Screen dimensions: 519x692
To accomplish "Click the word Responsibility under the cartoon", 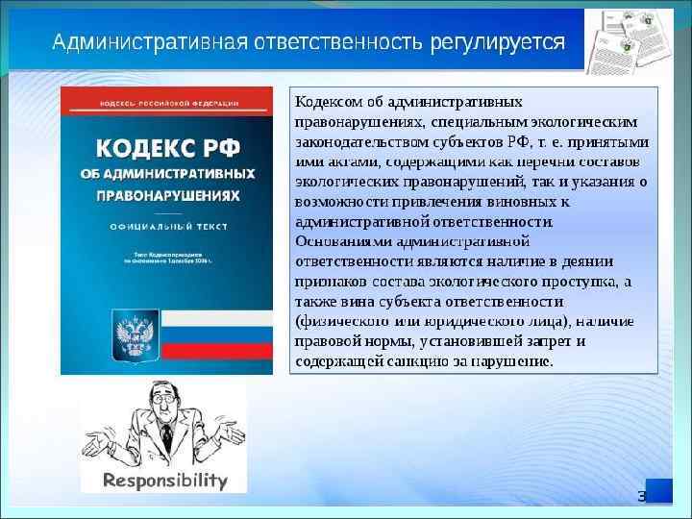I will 164,480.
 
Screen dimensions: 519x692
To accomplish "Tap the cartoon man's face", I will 164,402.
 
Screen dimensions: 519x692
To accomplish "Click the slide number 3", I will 643,495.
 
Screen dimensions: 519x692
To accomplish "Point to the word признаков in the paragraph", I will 330,282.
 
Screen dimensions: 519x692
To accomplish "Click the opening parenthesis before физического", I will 299,322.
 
